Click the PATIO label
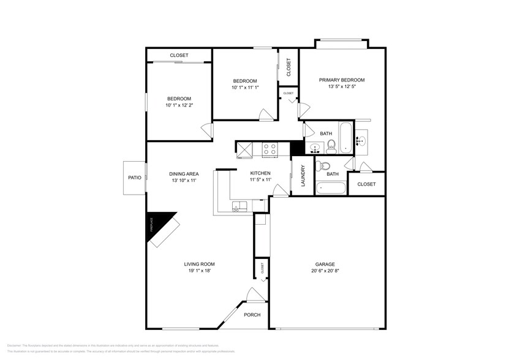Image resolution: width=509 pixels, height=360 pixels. [x=134, y=178]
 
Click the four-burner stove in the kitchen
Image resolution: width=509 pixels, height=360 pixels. [x=270, y=149]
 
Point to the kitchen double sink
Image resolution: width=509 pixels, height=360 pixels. [x=239, y=207]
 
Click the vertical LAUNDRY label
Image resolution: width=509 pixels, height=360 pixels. [x=303, y=177]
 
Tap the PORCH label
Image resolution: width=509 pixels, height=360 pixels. [x=252, y=315]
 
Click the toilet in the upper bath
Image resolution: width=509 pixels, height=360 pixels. [x=331, y=145]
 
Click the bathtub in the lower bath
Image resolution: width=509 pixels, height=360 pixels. [x=331, y=187]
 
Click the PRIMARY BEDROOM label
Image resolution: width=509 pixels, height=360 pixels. [x=341, y=80]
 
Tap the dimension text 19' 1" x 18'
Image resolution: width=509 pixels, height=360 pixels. [x=199, y=271]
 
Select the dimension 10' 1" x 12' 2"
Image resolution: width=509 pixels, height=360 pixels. [x=179, y=106]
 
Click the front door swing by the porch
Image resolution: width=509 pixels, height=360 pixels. [x=252, y=295]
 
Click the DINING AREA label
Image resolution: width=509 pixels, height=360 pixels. [x=184, y=173]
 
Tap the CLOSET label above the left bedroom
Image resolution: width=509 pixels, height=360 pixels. [x=179, y=55]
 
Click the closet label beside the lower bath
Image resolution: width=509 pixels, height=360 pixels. [x=366, y=184]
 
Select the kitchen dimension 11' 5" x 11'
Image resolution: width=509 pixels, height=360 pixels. [x=260, y=181]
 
